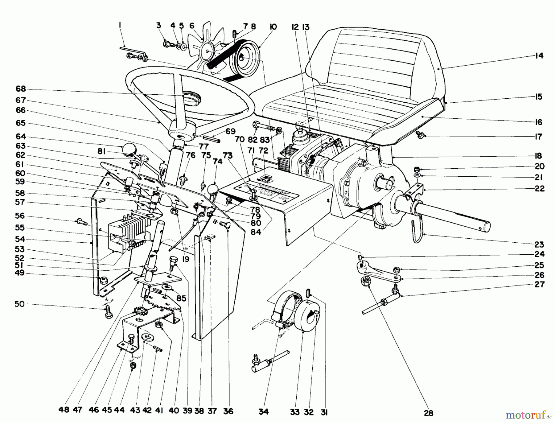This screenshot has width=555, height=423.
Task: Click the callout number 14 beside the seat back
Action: (x=539, y=56)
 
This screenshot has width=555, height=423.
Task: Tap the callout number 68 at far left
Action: (x=21, y=89)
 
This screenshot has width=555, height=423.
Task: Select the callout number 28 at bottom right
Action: (x=429, y=413)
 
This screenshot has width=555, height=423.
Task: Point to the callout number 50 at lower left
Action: (x=19, y=304)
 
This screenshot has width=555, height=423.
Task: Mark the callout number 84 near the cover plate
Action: (x=256, y=232)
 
